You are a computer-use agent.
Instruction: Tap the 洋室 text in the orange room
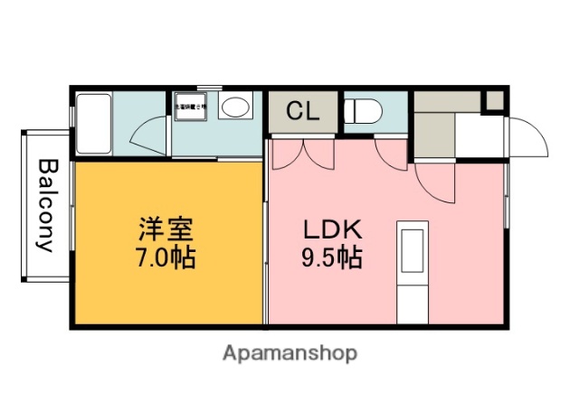166,227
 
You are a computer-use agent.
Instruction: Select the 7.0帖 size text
166,257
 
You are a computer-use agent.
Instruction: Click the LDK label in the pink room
331,227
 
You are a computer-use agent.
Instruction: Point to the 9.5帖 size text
331,258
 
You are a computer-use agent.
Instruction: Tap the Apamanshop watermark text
289,352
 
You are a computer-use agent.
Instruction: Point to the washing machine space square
189,107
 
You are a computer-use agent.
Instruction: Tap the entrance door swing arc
527,137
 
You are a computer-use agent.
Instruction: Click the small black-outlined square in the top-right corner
494,99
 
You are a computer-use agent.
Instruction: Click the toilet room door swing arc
391,152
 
